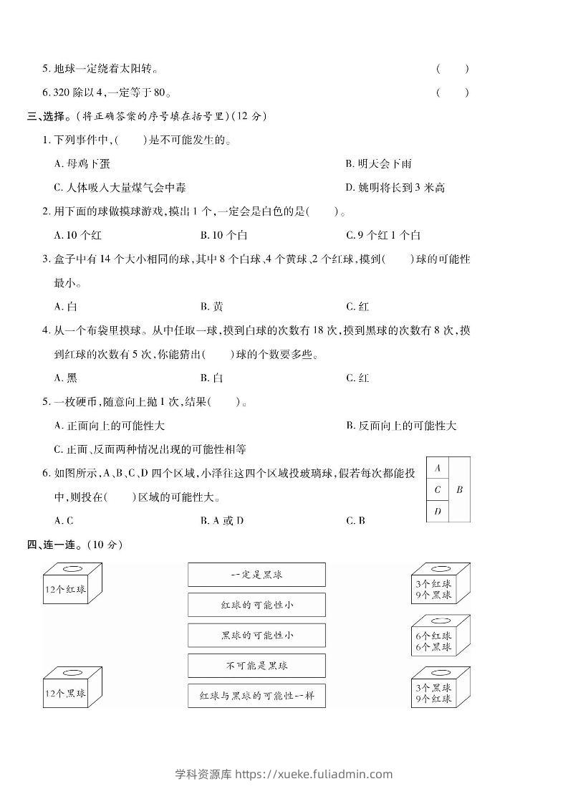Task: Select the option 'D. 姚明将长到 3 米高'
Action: (395, 188)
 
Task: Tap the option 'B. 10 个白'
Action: (224, 235)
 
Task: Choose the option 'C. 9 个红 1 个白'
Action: (383, 235)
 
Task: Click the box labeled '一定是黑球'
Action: (256, 575)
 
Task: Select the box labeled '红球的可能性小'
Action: (256, 605)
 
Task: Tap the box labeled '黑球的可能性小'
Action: (256, 635)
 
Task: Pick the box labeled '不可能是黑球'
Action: (256, 666)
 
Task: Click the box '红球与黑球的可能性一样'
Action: (256, 696)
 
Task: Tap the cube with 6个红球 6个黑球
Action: (441, 637)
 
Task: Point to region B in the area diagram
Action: (460, 489)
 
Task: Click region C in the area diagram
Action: (438, 490)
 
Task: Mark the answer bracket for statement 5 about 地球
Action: (452, 70)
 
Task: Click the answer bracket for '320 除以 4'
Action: (452, 92)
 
